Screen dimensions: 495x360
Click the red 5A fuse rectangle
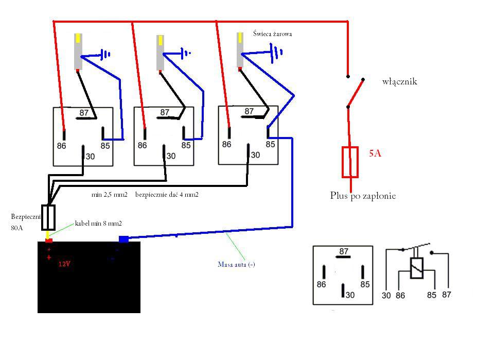click(x=350, y=162)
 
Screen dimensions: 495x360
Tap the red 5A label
click(x=375, y=153)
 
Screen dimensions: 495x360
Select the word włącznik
click(x=400, y=81)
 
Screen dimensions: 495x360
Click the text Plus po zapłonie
click(x=363, y=196)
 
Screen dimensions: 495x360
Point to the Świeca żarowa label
click(x=272, y=34)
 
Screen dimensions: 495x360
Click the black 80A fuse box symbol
click(x=48, y=217)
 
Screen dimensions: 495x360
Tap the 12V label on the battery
click(x=64, y=264)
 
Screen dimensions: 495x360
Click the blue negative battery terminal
click(x=123, y=239)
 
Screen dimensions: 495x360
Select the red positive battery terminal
click(x=48, y=241)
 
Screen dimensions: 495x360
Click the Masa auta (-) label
click(x=237, y=264)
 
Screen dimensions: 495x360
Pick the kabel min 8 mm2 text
click(x=98, y=224)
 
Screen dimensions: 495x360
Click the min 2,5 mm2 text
click(x=110, y=194)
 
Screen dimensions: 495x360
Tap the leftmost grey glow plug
click(x=78, y=52)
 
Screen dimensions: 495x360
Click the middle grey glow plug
click(x=161, y=53)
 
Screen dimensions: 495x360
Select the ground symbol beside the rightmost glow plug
click(x=276, y=52)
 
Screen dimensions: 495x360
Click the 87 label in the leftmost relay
click(x=84, y=113)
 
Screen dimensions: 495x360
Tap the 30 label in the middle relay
click(x=171, y=156)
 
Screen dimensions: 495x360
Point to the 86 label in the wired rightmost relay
click(x=227, y=144)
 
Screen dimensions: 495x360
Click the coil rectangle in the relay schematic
click(x=417, y=268)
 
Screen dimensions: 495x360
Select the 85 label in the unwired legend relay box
click(x=365, y=284)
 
